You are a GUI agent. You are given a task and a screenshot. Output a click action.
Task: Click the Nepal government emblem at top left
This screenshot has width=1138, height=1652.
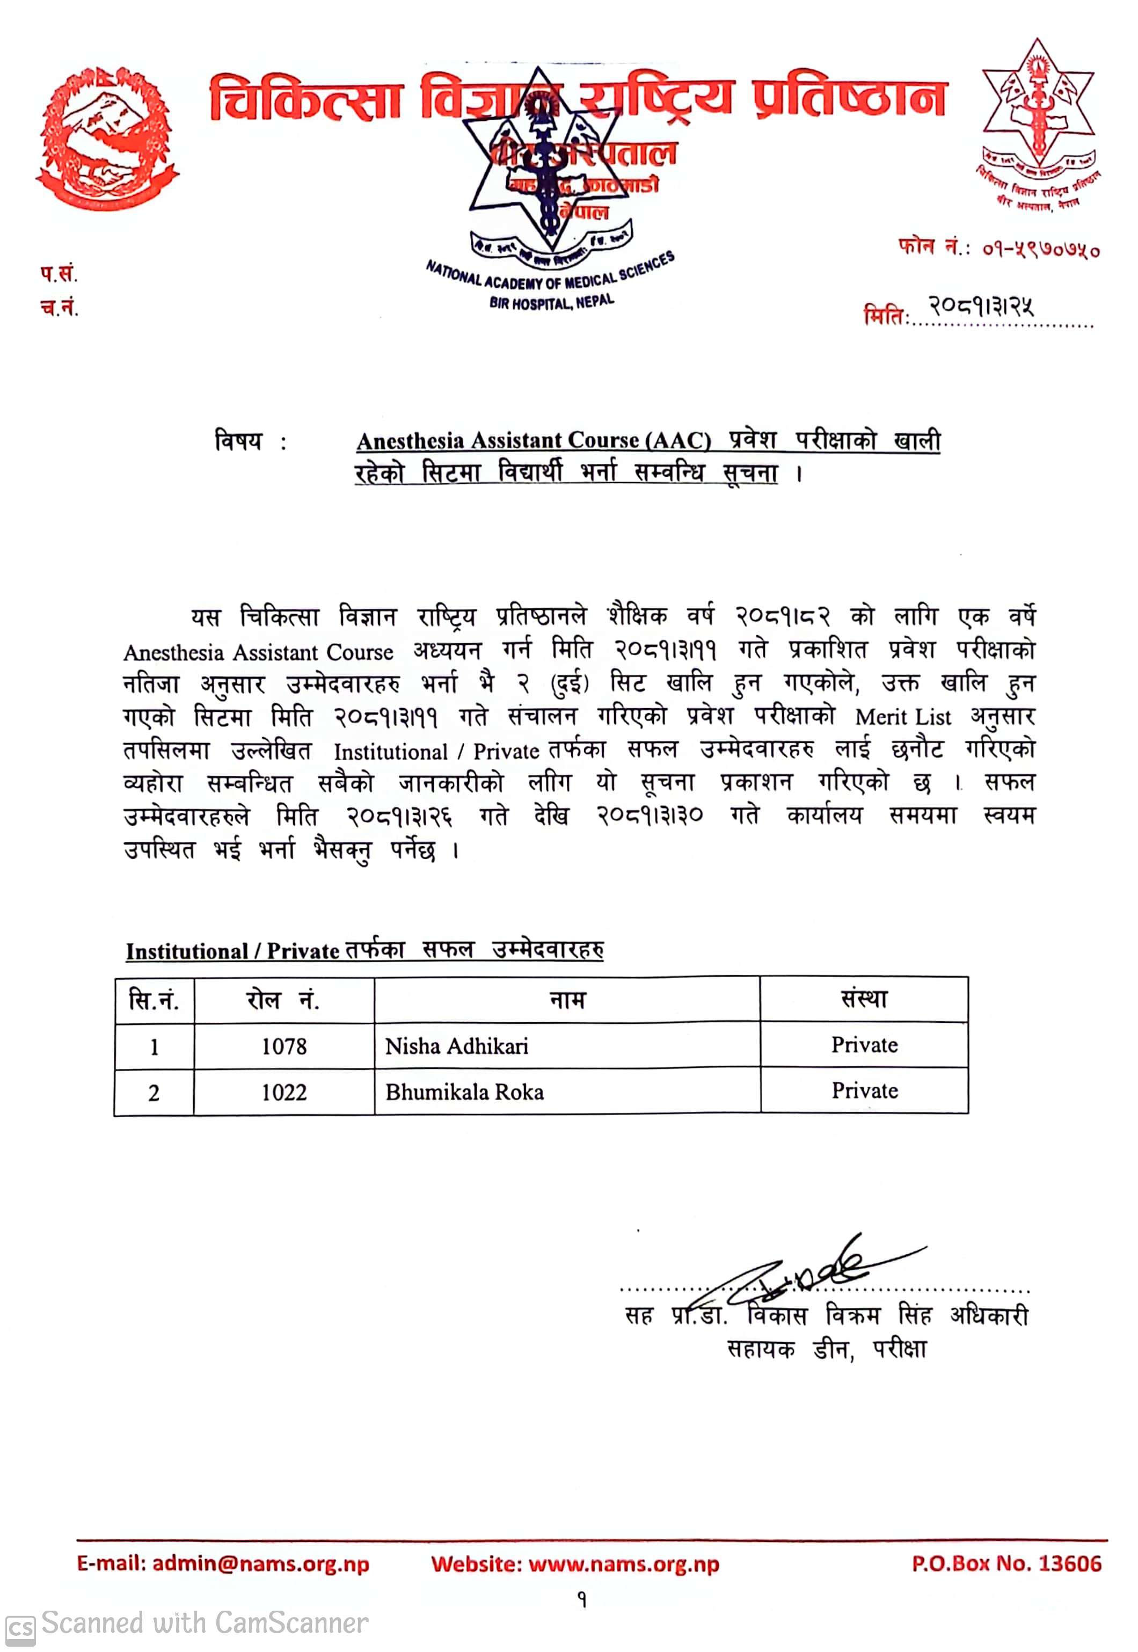pos(107,139)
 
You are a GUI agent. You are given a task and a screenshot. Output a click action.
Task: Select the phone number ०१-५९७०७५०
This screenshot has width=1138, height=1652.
pos(1040,250)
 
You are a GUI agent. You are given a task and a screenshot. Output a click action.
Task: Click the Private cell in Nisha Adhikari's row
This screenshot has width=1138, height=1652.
pos(864,1045)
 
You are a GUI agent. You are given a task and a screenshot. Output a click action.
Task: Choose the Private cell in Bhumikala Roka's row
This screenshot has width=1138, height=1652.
pos(864,1090)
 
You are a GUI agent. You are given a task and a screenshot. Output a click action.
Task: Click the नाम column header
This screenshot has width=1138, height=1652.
pos(567,1000)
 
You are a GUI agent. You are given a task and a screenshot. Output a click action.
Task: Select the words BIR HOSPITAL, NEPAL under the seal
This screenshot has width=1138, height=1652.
pos(551,302)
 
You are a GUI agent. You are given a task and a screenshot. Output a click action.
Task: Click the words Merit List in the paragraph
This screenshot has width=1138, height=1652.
pos(903,717)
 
